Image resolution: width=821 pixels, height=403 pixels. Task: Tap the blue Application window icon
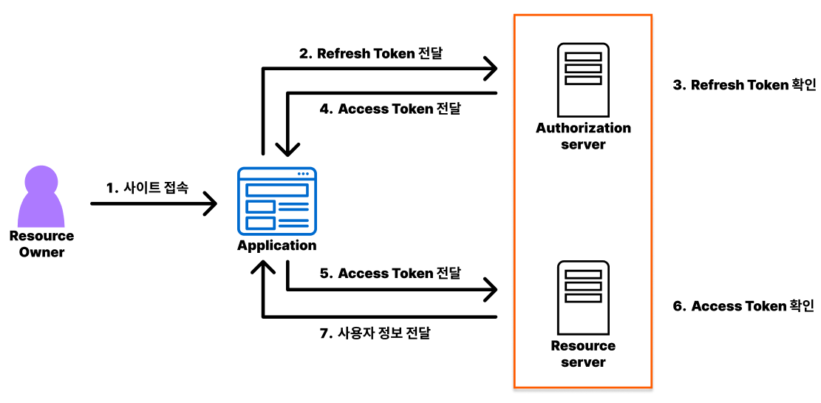(276, 200)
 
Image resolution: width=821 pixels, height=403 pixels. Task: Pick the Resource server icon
(583, 297)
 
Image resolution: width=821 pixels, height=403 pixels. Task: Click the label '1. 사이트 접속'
(147, 188)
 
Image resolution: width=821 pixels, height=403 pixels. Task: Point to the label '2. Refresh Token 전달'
(370, 53)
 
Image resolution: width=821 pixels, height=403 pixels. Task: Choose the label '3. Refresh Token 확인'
(744, 85)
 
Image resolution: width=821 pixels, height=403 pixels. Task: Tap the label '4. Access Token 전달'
(390, 109)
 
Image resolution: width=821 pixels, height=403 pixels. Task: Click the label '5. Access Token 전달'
(390, 274)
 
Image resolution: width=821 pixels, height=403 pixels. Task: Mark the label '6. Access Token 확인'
(743, 306)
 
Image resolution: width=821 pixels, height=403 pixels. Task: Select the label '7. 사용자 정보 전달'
(375, 333)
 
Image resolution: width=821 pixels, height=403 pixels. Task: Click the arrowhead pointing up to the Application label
(262, 268)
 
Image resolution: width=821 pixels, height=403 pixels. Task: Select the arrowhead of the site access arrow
(210, 203)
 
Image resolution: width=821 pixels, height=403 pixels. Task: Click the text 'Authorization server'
(583, 136)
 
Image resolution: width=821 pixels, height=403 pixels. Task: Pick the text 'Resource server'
(583, 354)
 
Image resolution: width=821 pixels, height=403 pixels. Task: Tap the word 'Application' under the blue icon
(276, 245)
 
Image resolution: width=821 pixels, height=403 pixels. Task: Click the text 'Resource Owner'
(41, 244)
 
